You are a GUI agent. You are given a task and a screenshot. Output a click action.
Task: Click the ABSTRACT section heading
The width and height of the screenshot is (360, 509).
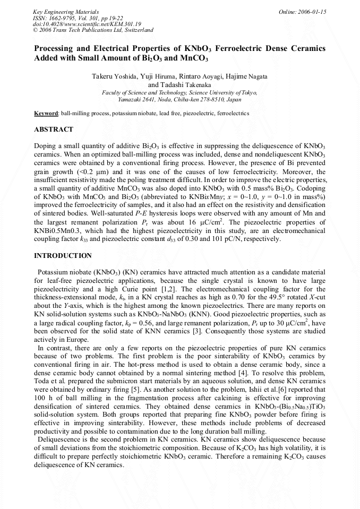pos(54,130)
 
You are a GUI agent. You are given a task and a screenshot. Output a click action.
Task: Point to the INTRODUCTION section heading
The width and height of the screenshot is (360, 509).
pos(63,256)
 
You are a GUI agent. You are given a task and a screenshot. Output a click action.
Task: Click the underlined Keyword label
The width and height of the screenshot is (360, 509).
pos(46,114)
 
